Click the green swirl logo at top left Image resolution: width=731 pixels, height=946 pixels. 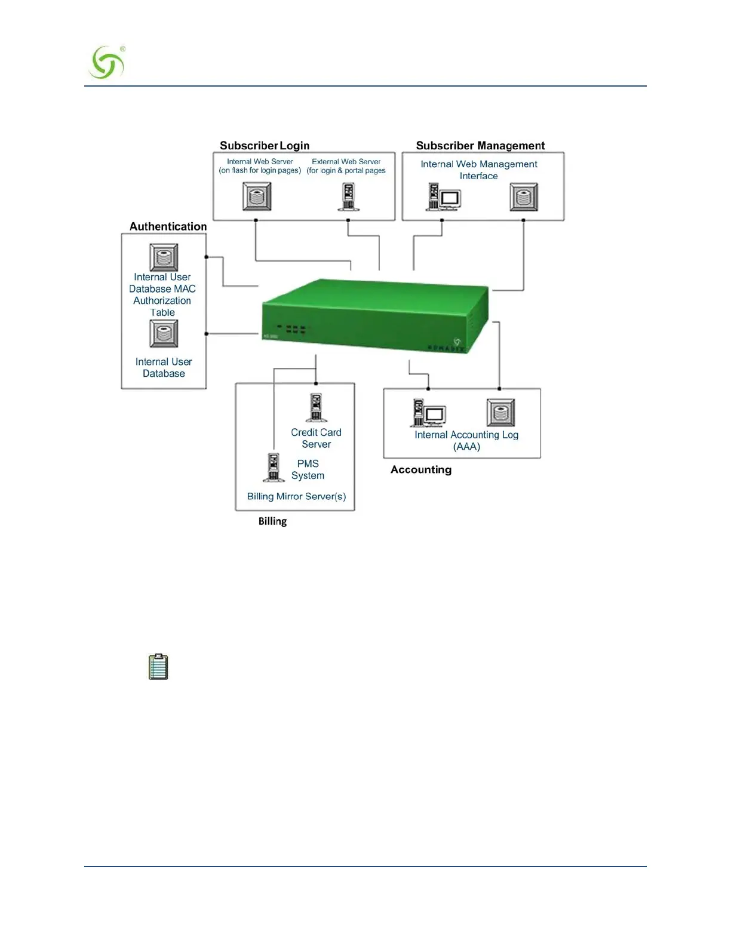[106, 63]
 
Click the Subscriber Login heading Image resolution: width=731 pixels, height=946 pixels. [265, 146]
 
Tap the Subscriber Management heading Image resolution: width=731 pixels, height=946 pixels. [480, 146]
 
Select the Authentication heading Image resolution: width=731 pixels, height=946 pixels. [168, 226]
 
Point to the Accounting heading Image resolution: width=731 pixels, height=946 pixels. [421, 469]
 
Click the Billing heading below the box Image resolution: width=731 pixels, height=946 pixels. [272, 521]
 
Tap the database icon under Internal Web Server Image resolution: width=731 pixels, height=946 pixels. [257, 196]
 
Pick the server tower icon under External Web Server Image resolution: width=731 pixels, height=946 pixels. [348, 196]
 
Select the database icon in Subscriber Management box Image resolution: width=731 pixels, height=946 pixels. [524, 196]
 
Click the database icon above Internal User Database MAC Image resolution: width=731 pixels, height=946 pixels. [164, 257]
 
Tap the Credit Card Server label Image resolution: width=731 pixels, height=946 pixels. [316, 438]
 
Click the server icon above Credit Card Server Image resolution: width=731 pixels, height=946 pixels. [316, 407]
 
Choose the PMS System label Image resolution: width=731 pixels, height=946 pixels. [308, 469]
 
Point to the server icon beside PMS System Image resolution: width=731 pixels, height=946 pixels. [273, 467]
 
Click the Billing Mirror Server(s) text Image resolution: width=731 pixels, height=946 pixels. [296, 496]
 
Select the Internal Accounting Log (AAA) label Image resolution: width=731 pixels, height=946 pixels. [466, 441]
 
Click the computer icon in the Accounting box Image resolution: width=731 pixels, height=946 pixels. [428, 413]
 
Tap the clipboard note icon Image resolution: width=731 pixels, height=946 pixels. [158, 666]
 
